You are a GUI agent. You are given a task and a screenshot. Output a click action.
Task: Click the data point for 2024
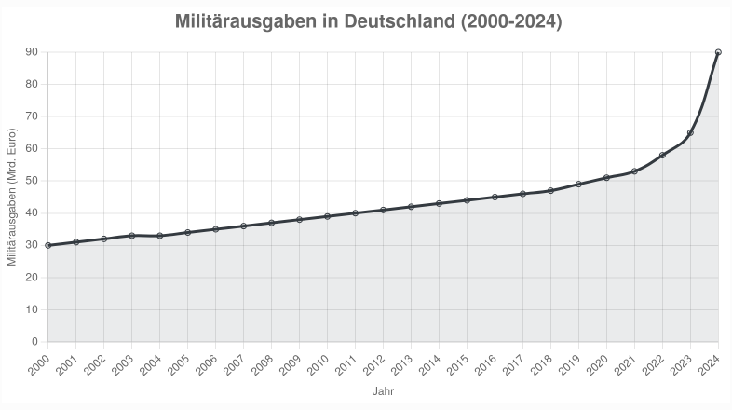tap(718, 52)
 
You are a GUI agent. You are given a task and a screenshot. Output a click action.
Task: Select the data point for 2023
tap(690, 132)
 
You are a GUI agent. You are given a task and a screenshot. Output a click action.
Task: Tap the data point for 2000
tap(47, 245)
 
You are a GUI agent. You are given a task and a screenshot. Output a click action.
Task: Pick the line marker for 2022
tap(662, 156)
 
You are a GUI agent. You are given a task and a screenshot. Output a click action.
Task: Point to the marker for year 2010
tap(327, 216)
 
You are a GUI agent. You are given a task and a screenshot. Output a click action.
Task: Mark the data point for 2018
tap(550, 190)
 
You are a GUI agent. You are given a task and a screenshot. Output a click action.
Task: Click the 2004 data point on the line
tap(159, 236)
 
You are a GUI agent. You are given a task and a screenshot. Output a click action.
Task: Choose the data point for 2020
tap(606, 178)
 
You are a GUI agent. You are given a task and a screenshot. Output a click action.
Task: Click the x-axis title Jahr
tap(383, 392)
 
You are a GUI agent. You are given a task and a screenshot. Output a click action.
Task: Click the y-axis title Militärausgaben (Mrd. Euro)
tap(12, 197)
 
